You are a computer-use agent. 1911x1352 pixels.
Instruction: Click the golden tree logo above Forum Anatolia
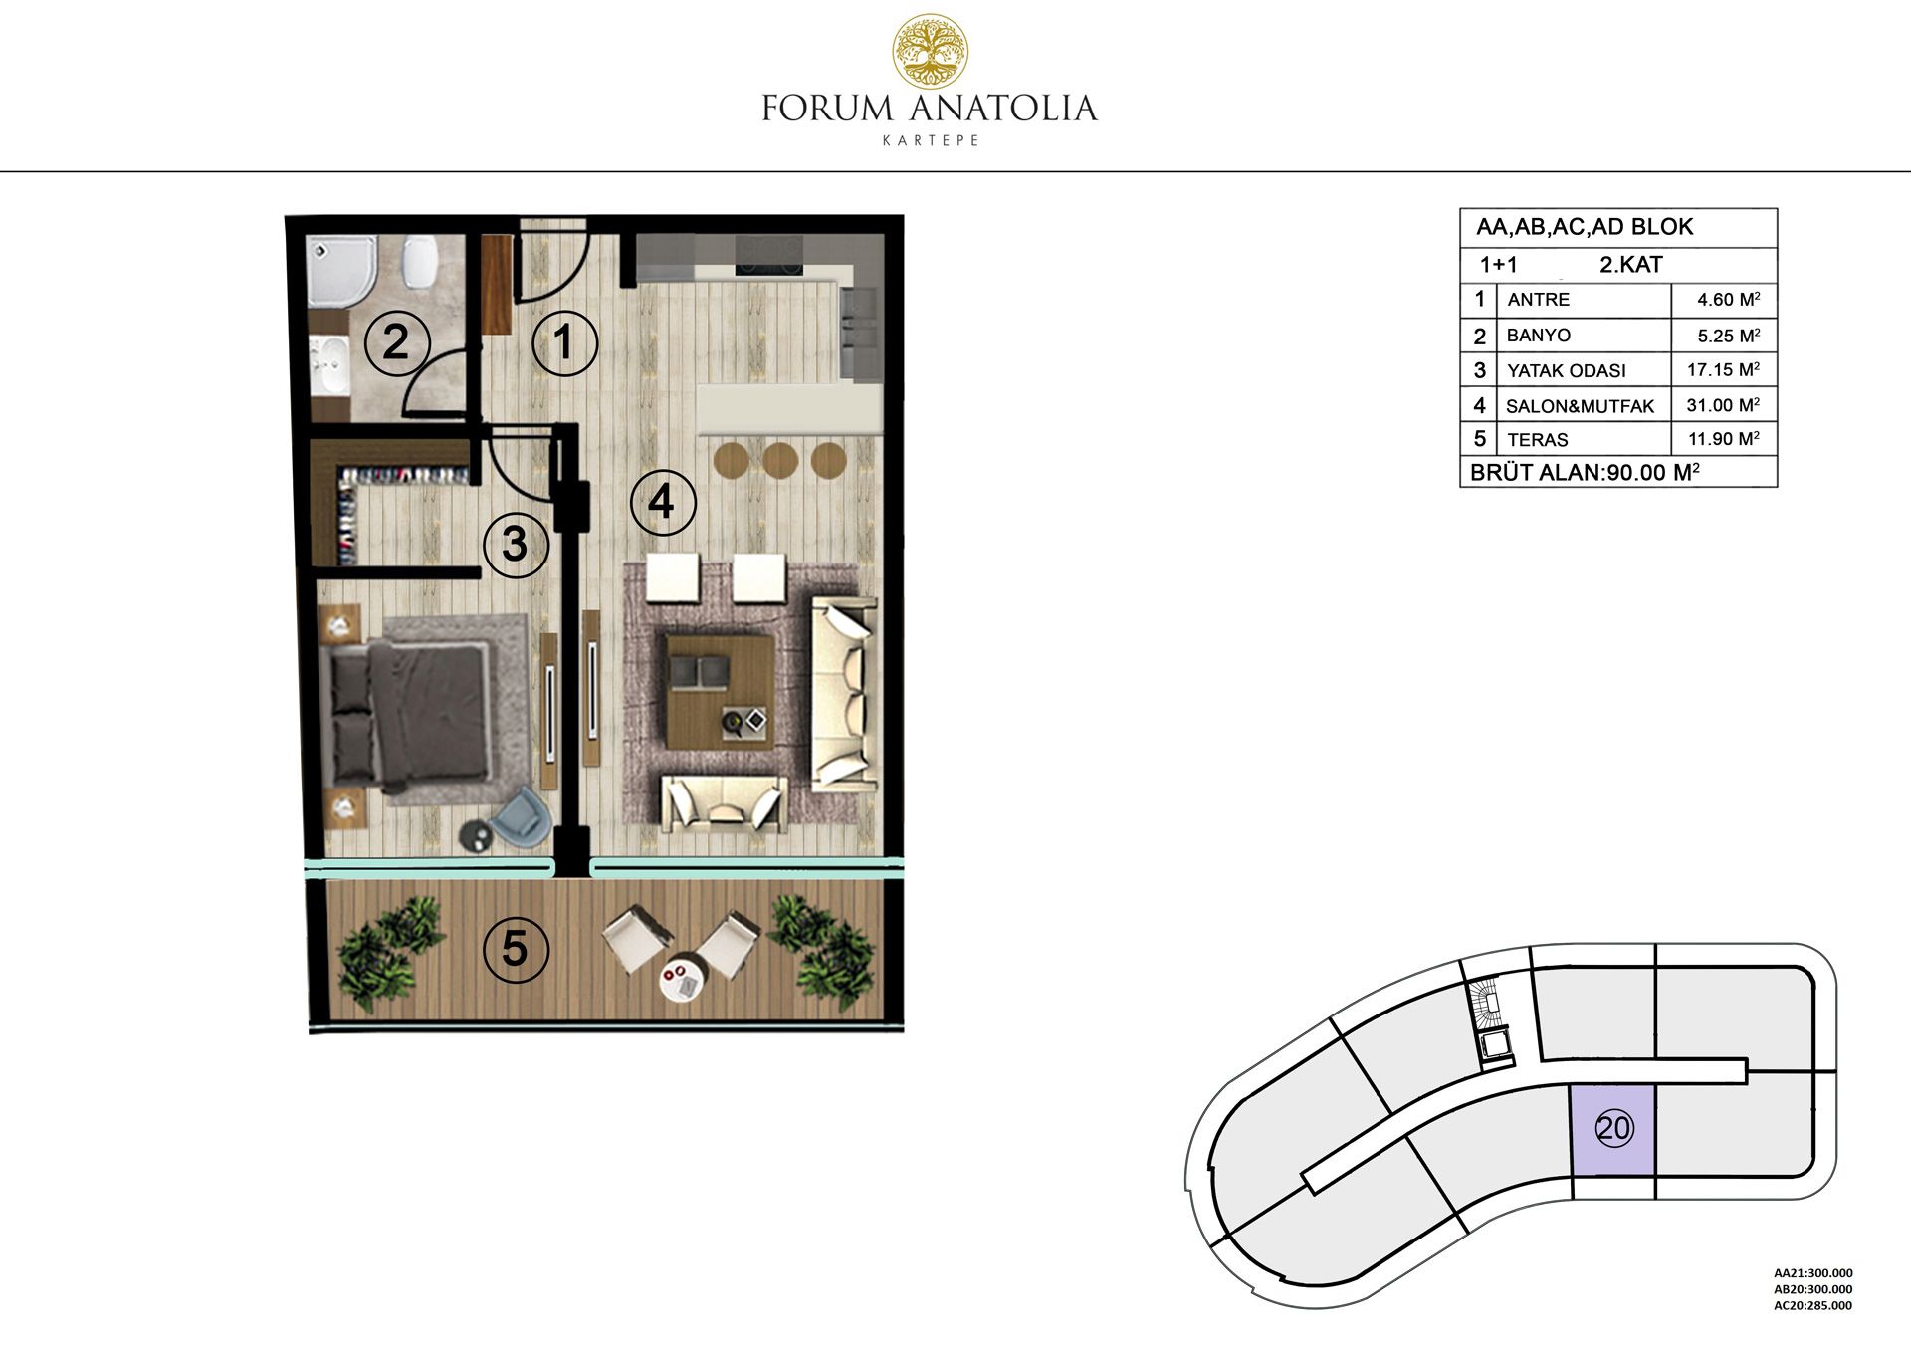pos(930,51)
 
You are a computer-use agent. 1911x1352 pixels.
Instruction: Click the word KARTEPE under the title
pos(931,140)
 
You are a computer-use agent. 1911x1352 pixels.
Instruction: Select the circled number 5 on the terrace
pos(515,949)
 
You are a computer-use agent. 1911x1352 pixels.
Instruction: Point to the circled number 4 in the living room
pos(663,502)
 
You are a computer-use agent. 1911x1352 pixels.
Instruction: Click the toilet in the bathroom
pos(420,263)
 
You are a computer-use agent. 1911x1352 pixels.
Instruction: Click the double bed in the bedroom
pos(410,711)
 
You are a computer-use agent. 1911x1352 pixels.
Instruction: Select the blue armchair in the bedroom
pos(523,816)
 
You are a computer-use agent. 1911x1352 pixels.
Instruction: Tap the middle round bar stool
pos(780,460)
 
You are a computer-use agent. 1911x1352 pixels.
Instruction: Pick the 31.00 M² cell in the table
pos(1723,405)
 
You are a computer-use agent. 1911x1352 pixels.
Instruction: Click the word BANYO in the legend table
pos(1538,336)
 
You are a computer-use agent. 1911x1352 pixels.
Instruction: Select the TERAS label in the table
pos(1537,440)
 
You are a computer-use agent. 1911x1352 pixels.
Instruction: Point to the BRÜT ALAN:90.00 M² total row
pos(1585,472)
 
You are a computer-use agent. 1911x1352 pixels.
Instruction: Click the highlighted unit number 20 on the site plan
pos(1613,1128)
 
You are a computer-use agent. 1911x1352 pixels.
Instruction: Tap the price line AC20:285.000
pos(1812,1305)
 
